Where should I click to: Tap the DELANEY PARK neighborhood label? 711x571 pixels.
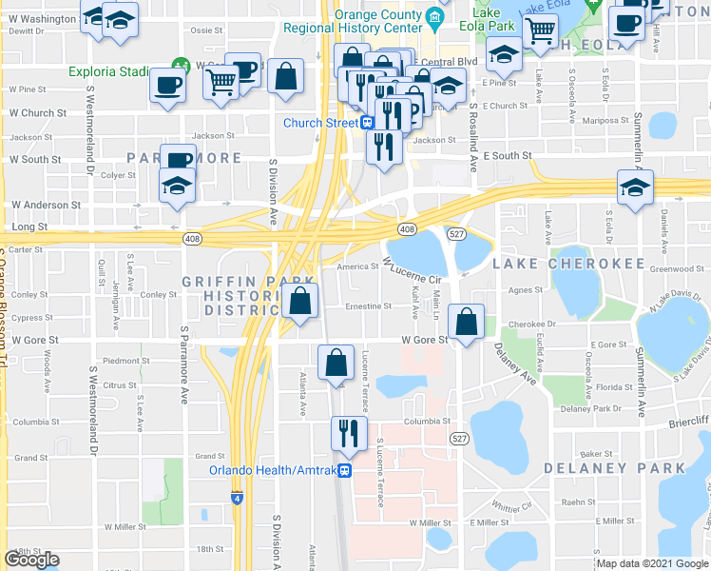coord(614,468)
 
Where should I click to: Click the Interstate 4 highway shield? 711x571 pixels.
coord(237,497)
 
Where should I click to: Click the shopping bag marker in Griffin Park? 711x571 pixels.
coord(300,301)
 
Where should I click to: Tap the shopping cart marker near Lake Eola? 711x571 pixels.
coord(541,30)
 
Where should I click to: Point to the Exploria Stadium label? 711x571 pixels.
coord(106,71)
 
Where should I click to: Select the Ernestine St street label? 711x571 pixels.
coord(368,306)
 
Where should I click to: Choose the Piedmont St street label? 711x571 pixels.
coord(121,361)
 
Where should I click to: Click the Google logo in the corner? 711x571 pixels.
coord(31,561)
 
